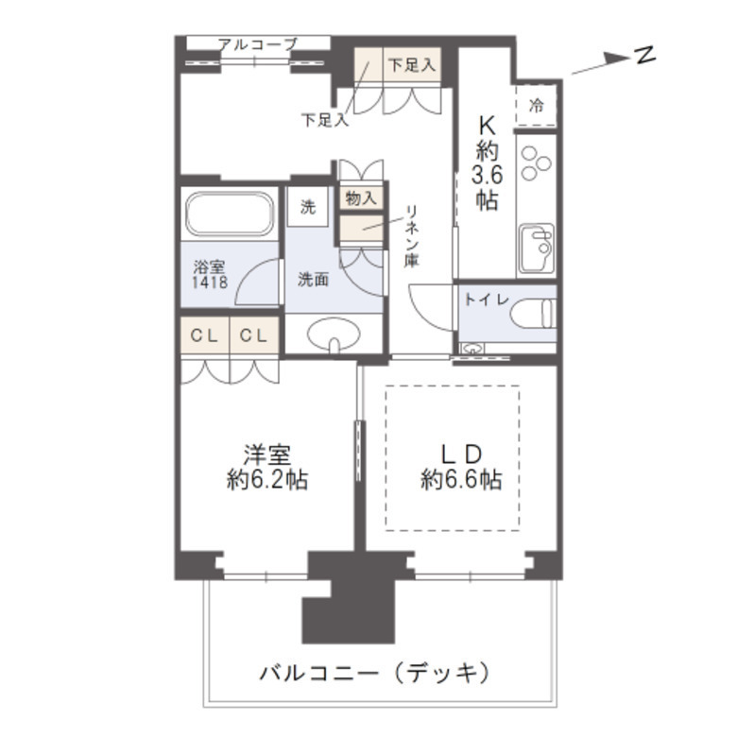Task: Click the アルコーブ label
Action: click(x=257, y=43)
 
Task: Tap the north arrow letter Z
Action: click(x=645, y=55)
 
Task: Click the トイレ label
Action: click(x=488, y=299)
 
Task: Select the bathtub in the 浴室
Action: click(x=230, y=213)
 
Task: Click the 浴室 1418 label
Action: click(x=210, y=274)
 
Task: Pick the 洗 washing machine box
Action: click(x=308, y=207)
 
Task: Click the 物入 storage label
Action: click(x=361, y=198)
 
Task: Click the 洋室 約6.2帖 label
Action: click(x=266, y=467)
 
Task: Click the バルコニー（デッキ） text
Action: click(x=375, y=673)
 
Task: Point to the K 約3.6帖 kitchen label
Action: click(x=487, y=162)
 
